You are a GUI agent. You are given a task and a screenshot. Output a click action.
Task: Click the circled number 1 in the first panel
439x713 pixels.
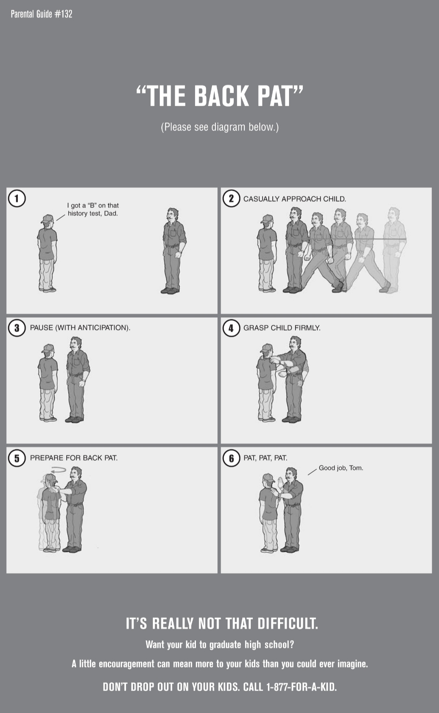17,198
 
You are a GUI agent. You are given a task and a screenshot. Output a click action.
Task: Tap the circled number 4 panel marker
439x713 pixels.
231,328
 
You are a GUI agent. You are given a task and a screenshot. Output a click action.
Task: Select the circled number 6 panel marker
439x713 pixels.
231,458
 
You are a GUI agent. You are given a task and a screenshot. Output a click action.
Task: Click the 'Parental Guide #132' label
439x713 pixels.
41,14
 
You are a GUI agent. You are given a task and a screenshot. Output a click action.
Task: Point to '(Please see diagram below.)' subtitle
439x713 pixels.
219,127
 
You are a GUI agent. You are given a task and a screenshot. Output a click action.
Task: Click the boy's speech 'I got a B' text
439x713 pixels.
93,209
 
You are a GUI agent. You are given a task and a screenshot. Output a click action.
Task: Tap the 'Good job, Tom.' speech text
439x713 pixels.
341,468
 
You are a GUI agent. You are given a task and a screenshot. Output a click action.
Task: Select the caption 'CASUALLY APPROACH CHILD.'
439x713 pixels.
295,199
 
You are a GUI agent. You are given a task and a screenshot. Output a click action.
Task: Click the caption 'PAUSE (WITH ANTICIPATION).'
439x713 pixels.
80,328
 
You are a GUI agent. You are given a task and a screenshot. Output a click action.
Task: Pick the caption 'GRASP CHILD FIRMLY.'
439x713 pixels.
282,328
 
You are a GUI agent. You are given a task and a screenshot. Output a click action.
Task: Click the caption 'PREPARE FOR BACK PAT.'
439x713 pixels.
74,458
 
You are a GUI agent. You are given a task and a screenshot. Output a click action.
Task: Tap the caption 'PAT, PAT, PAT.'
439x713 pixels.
265,458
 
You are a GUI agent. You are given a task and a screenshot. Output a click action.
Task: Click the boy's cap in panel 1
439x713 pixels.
48,219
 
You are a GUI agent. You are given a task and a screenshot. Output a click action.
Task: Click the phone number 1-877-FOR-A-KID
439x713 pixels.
301,687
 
